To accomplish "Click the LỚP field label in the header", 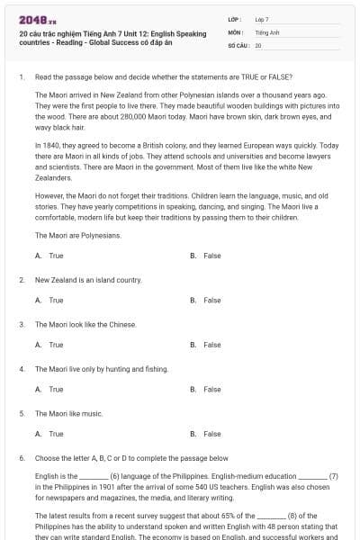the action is pyautogui.click(x=233, y=18).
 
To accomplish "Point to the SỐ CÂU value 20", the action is pyautogui.click(x=258, y=44).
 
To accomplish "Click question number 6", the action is pyautogui.click(x=21, y=457).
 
